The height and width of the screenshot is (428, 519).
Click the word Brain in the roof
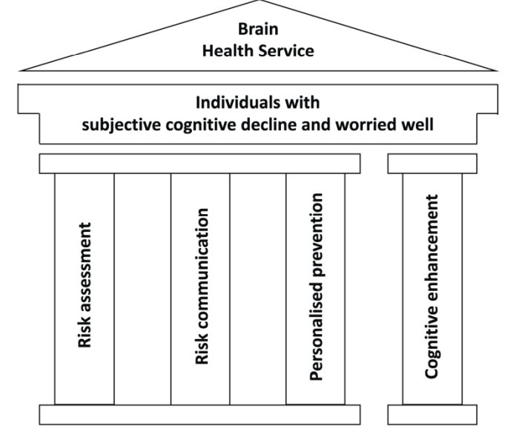257,29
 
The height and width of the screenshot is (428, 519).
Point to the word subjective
119,124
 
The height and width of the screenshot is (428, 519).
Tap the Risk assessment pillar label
85,285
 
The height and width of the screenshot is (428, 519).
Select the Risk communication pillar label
201,285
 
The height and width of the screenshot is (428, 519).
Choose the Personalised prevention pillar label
317,287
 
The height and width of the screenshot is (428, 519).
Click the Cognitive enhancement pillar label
432,287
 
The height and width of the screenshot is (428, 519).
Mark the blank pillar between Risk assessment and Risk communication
142,289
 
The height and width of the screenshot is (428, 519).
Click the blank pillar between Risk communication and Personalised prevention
258,289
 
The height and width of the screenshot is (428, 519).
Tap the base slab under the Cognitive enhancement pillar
432,415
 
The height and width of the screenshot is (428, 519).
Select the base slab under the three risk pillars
200,415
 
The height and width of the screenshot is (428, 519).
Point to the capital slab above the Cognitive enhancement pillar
432,164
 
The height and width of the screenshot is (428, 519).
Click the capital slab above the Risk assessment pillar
85,164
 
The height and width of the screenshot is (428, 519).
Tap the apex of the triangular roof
258,3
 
